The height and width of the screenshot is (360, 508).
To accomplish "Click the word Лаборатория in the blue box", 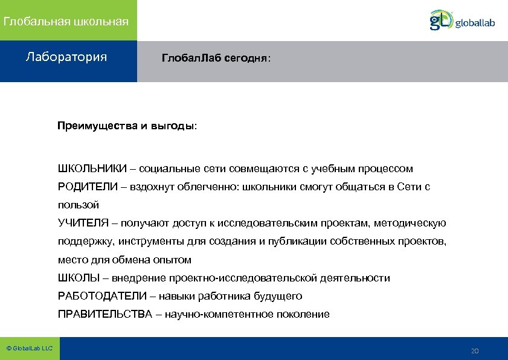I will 66,57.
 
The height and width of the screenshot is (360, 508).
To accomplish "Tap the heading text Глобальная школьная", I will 66,22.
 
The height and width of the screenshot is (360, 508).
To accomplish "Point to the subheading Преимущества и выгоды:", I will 127,126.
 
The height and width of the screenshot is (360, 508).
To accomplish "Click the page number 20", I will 474,351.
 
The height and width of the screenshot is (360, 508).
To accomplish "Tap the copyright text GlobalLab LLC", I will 30,349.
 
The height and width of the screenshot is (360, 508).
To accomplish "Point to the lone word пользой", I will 78,205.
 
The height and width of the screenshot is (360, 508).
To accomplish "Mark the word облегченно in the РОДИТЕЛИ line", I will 208,187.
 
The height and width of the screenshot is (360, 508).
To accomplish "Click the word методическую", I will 410,223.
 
